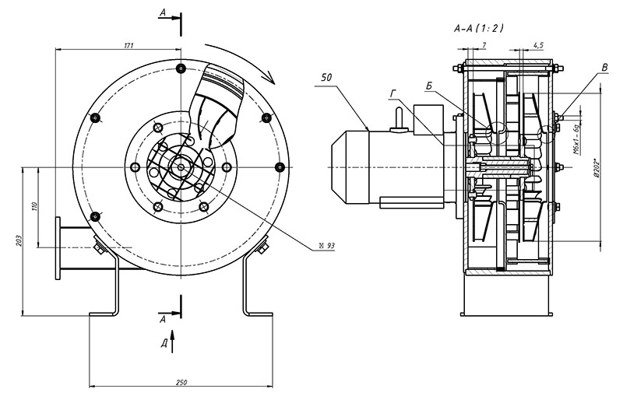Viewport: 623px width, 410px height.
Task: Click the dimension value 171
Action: click(x=128, y=45)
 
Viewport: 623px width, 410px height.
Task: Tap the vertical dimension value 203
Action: click(x=18, y=241)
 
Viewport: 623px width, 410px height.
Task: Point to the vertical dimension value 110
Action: click(x=35, y=208)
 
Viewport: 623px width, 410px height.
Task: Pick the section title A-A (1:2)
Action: click(x=478, y=29)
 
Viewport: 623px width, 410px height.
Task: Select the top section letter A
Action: click(x=162, y=14)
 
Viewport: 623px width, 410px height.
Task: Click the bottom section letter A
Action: click(x=163, y=319)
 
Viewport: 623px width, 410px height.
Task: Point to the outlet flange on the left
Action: click(x=59, y=249)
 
